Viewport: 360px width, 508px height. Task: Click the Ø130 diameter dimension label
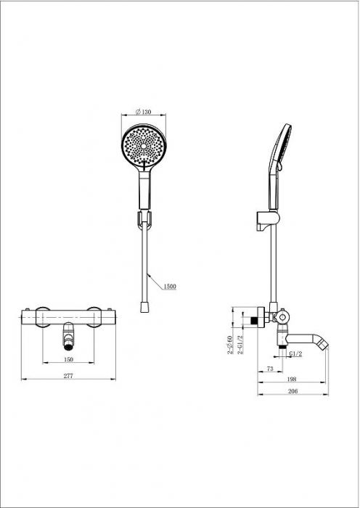tap(144, 112)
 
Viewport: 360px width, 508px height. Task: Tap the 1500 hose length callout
tap(169, 286)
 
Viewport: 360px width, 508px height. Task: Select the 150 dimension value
tap(69, 359)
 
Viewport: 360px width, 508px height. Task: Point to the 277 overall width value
tap(68, 376)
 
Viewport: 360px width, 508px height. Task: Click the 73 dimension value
tap(270, 369)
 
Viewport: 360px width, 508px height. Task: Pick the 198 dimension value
tap(292, 379)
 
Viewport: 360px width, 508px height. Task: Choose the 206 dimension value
tap(293, 391)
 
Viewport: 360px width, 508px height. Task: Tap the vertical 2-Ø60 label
tap(230, 345)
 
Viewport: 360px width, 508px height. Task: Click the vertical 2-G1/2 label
tap(241, 345)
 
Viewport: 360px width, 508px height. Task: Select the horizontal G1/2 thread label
tap(295, 354)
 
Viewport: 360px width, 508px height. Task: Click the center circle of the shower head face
tap(144, 147)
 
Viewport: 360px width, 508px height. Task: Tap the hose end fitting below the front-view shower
tap(144, 307)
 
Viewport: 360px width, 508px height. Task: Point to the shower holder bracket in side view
tap(268, 221)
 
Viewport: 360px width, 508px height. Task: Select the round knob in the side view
tap(282, 316)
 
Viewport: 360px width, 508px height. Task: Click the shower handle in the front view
tap(144, 190)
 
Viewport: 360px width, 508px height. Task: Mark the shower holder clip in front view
tap(144, 220)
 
